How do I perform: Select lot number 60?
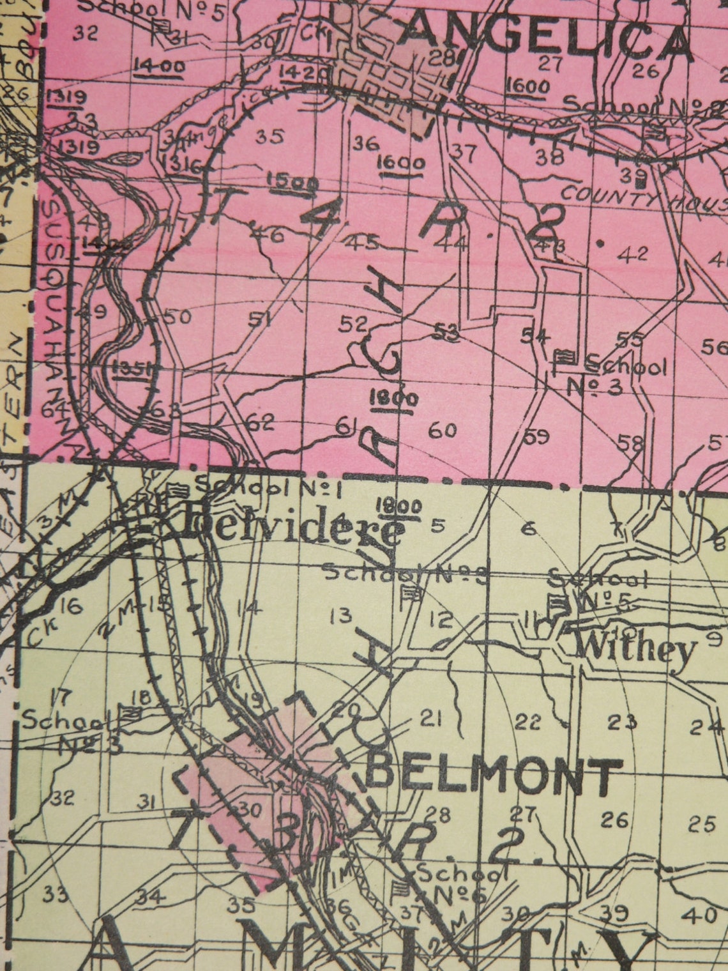point(442,431)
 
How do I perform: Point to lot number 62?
point(261,423)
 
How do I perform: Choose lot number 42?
point(633,254)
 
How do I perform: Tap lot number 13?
point(342,616)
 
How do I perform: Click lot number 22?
point(528,722)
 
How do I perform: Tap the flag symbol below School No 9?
point(413,595)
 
